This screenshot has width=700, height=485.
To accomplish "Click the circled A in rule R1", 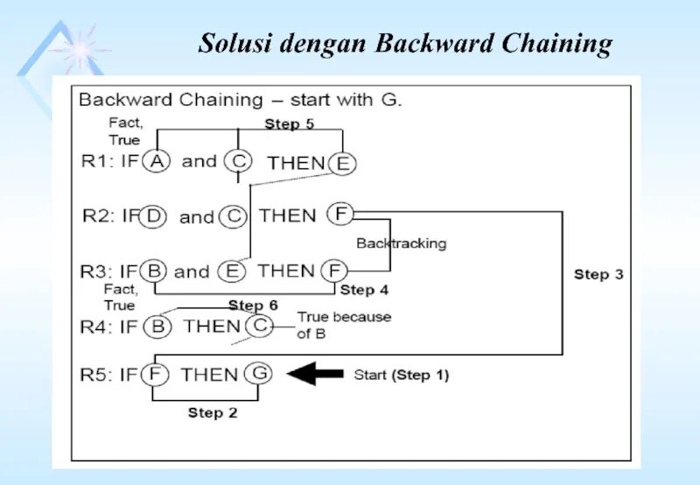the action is coord(156,162).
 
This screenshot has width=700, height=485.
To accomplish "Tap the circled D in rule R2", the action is coord(154,217).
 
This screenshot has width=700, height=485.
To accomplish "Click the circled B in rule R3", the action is coord(155,271).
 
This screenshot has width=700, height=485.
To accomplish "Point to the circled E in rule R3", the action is coord(233,271).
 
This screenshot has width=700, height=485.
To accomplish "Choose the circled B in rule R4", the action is coord(157,327).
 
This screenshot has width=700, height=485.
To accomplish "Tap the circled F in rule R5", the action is coord(155,375).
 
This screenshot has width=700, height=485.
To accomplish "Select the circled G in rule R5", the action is coord(259,375).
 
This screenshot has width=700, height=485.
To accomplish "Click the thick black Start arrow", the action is coord(315,375).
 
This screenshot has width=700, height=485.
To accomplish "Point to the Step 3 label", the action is coord(598,275).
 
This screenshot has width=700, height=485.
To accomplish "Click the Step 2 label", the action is coord(213,412).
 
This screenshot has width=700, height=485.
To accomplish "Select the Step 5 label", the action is coord(289,124).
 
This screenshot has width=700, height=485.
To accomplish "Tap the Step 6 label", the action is coord(253,306).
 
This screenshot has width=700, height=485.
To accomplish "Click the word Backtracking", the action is coord(401,243).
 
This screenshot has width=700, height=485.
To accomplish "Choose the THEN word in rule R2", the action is coord(288,216).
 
